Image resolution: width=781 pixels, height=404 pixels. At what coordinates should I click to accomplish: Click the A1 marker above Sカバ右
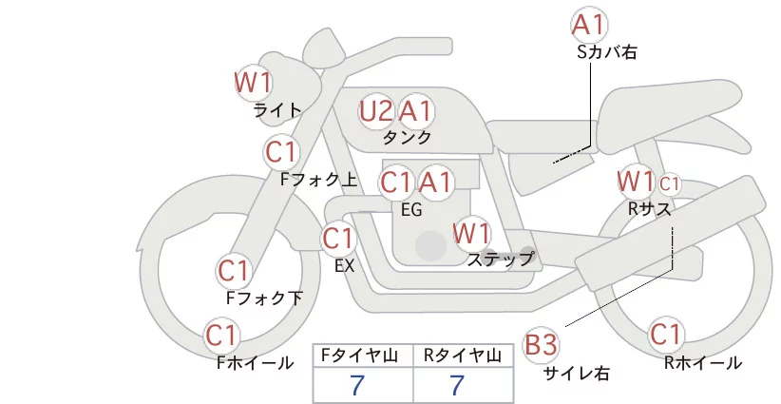tap(590, 25)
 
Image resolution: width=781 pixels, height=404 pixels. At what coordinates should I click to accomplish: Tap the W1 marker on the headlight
tap(254, 83)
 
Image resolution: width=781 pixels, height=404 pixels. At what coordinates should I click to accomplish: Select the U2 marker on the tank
tap(376, 111)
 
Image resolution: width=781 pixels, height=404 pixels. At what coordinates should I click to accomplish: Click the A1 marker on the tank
tap(415, 111)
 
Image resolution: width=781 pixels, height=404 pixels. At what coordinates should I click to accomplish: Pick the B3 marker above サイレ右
tap(542, 345)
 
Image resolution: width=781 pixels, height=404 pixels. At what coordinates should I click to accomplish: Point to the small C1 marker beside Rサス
tap(670, 184)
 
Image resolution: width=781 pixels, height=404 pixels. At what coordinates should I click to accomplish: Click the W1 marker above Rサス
tap(636, 182)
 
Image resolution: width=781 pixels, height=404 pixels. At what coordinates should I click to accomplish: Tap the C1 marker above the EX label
tap(338, 239)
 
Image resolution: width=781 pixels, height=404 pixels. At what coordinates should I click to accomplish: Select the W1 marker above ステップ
tap(471, 233)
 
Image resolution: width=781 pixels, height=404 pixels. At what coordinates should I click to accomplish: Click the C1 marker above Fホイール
tap(221, 336)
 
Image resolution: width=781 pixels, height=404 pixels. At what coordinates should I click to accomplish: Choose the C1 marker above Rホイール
tap(665, 335)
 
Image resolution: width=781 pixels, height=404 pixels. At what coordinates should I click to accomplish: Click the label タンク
tap(407, 137)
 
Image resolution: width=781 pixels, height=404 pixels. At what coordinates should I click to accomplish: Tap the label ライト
tap(277, 109)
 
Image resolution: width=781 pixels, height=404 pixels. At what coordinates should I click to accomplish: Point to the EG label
tap(411, 210)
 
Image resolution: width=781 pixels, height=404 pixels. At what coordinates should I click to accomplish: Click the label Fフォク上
tap(319, 180)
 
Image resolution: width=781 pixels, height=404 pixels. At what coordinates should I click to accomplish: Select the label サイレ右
tap(577, 374)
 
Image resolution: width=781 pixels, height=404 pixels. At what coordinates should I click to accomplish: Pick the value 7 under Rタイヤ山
tap(457, 385)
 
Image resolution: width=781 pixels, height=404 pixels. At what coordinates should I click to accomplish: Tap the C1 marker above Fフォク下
tap(234, 271)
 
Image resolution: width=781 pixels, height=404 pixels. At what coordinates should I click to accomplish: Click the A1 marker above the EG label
tap(435, 183)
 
